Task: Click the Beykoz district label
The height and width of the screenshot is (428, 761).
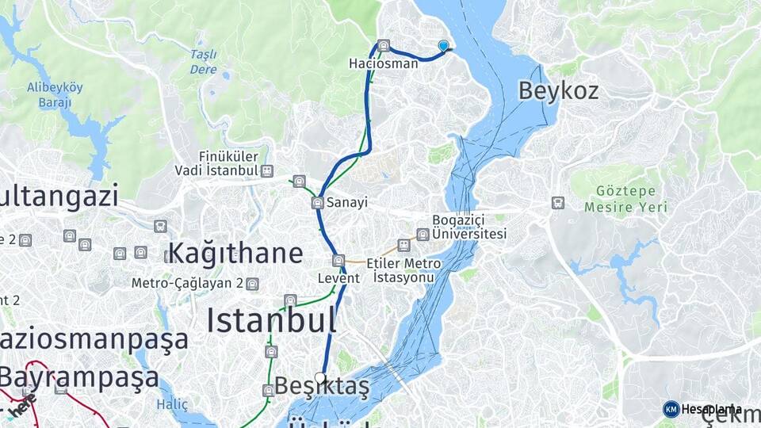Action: pyautogui.click(x=558, y=90)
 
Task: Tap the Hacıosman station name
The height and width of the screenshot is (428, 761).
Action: pyautogui.click(x=383, y=63)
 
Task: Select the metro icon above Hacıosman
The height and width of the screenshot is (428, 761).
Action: pyautogui.click(x=384, y=46)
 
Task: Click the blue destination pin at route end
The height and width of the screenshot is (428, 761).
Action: pyautogui.click(x=443, y=47)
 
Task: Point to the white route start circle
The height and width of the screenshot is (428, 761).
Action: pyautogui.click(x=320, y=377)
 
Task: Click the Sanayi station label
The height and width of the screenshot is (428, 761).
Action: pyautogui.click(x=347, y=203)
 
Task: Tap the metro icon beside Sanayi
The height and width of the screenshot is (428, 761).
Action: pyautogui.click(x=318, y=203)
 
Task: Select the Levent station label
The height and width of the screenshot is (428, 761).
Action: pyautogui.click(x=338, y=278)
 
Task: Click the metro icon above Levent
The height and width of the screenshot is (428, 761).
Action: pyautogui.click(x=338, y=261)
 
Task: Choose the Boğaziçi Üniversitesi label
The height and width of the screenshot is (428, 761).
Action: pyautogui.click(x=468, y=227)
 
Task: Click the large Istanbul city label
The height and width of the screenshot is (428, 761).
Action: pyautogui.click(x=271, y=321)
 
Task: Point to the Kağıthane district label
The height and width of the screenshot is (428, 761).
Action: pyautogui.click(x=235, y=254)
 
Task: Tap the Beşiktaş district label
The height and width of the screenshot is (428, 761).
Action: pyautogui.click(x=322, y=387)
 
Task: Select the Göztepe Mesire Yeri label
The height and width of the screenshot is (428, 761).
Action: pyautogui.click(x=625, y=199)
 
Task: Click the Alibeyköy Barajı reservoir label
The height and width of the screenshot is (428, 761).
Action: pyautogui.click(x=49, y=95)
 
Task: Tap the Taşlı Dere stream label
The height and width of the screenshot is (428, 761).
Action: pyautogui.click(x=203, y=61)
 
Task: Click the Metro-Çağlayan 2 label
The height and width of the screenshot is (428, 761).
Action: pyautogui.click(x=188, y=283)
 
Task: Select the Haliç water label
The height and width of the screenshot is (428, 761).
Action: pyautogui.click(x=172, y=404)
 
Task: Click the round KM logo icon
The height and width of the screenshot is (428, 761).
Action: pyautogui.click(x=671, y=409)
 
